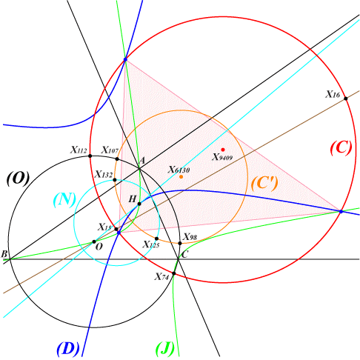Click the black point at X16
346,99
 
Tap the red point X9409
223,150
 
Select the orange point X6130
181,177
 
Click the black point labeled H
139,204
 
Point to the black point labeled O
94,241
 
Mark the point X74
174,273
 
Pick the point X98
180,244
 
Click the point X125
156,239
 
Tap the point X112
90,156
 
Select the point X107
117,159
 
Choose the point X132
115,180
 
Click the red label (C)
341,148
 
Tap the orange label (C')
264,184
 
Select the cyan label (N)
64,200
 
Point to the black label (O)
19,179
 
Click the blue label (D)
68,349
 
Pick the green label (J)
165,349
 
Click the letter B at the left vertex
4,254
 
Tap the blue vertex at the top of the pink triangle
125,59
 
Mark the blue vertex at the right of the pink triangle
341,212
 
